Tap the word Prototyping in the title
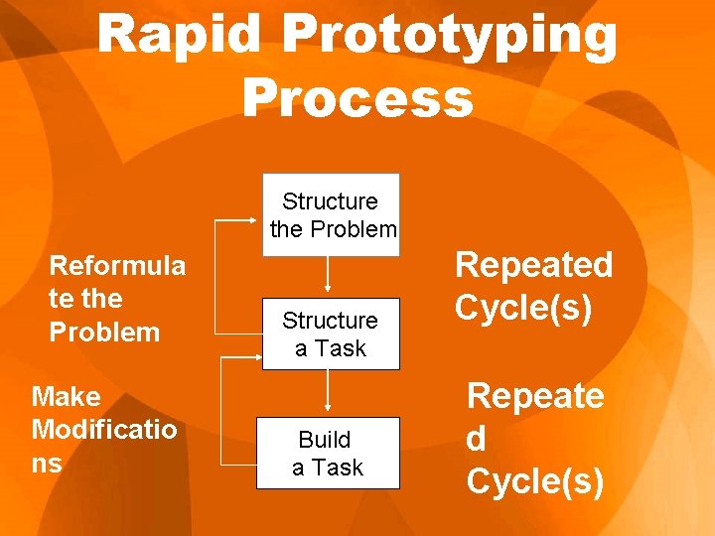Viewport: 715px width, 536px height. point(450,37)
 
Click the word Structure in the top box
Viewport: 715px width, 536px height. point(330,201)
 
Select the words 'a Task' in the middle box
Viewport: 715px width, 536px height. point(330,348)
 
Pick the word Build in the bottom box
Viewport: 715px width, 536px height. point(325,439)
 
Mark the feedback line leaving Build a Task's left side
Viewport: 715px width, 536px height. point(238,463)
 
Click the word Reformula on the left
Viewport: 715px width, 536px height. point(117,265)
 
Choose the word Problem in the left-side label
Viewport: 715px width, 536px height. point(104,333)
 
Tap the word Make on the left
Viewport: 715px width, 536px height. point(67,397)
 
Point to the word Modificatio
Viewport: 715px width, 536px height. point(104,430)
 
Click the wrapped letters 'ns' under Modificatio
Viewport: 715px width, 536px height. point(47,464)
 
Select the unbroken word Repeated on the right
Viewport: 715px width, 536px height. point(533,265)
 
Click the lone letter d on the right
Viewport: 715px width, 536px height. point(478,439)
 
